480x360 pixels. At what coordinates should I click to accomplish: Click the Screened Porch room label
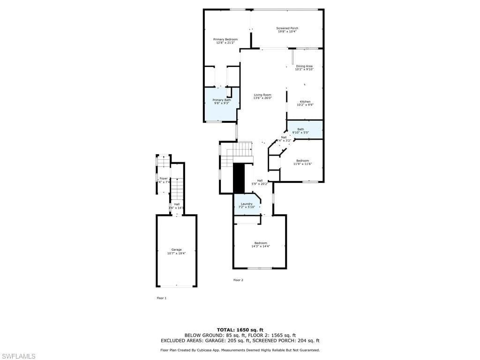287,28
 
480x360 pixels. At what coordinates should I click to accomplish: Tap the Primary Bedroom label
225,39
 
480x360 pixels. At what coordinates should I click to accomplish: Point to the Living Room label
262,95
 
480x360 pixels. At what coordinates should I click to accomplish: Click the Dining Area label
304,66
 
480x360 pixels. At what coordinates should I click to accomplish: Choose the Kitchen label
305,102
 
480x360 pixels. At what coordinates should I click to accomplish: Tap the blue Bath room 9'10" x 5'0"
305,130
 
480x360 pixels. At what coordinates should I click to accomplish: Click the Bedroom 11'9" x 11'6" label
302,161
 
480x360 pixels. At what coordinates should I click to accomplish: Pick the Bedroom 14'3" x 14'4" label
261,243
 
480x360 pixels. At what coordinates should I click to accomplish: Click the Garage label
176,250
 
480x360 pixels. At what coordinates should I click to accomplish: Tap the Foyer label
163,179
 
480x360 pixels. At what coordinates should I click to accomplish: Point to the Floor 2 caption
238,280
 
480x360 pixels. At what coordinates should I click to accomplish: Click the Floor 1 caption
161,298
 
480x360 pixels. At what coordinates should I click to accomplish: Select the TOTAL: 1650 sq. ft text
240,330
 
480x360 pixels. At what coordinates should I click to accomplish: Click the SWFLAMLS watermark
18,356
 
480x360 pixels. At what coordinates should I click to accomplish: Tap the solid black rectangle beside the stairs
239,178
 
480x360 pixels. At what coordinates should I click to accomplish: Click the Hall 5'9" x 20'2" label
260,180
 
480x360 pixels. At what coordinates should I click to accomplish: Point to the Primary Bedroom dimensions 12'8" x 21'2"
225,43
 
